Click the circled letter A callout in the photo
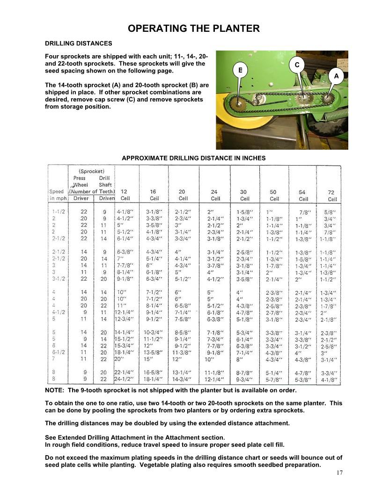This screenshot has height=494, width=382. tap(336, 75)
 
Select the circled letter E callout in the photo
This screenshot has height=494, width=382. tap(240, 70)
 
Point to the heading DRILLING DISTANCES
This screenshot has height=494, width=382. tap(78, 43)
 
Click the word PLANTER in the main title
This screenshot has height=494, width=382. tap(233, 29)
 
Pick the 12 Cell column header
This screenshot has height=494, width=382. tap(124, 195)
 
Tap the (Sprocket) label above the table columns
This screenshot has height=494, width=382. tap(91, 171)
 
